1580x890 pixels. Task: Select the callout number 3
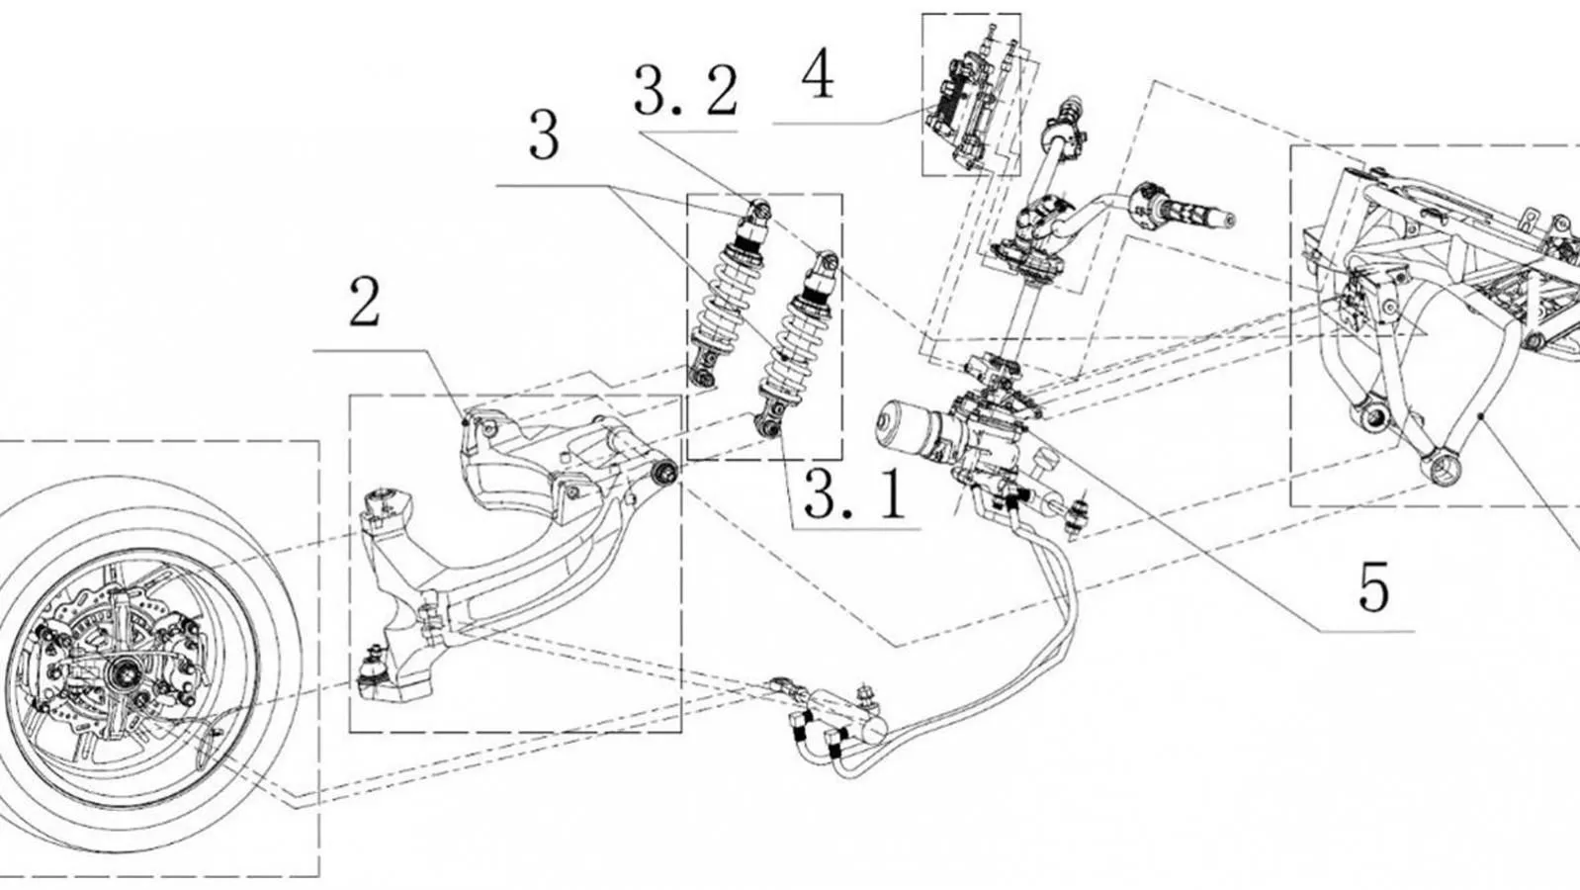tap(544, 136)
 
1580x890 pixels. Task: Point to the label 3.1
tap(854, 494)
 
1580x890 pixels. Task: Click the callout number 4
tap(817, 76)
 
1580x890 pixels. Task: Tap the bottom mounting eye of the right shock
tap(770, 426)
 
